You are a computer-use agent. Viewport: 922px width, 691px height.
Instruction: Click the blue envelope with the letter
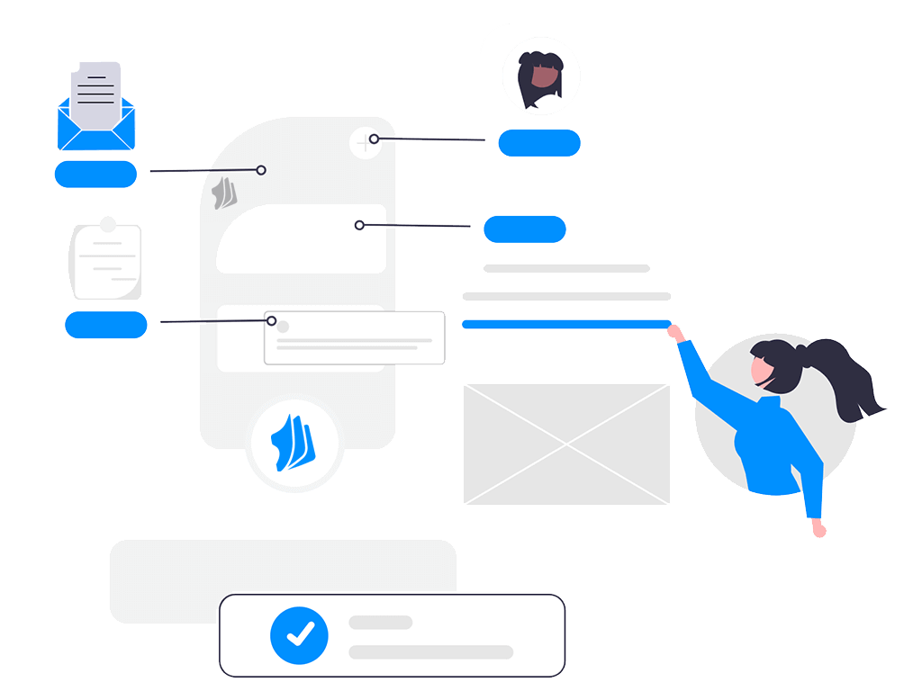pos(96,112)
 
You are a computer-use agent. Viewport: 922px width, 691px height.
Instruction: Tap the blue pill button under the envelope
pos(95,174)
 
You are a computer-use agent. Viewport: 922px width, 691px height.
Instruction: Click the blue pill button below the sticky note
pos(106,324)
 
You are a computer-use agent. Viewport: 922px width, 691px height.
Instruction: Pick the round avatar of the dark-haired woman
pos(540,77)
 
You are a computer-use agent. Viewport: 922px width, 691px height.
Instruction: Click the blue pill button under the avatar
pos(539,142)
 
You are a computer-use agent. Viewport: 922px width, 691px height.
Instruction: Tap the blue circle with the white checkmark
pos(300,635)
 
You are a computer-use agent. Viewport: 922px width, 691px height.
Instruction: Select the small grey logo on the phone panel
pos(224,193)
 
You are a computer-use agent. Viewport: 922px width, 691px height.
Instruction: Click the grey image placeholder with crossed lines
pos(566,444)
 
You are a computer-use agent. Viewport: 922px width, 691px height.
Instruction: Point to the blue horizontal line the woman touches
pos(565,324)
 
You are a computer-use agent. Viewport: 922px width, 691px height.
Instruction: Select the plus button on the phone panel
pos(364,142)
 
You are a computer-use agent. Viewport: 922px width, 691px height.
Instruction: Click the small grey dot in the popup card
pos(283,328)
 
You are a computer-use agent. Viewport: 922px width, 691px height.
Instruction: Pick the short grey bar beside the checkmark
pos(380,623)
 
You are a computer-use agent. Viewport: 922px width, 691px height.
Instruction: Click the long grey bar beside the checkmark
pos(430,651)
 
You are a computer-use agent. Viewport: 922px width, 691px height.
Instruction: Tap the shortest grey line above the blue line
pos(566,268)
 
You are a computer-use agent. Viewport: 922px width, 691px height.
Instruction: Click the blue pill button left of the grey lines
pos(525,229)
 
